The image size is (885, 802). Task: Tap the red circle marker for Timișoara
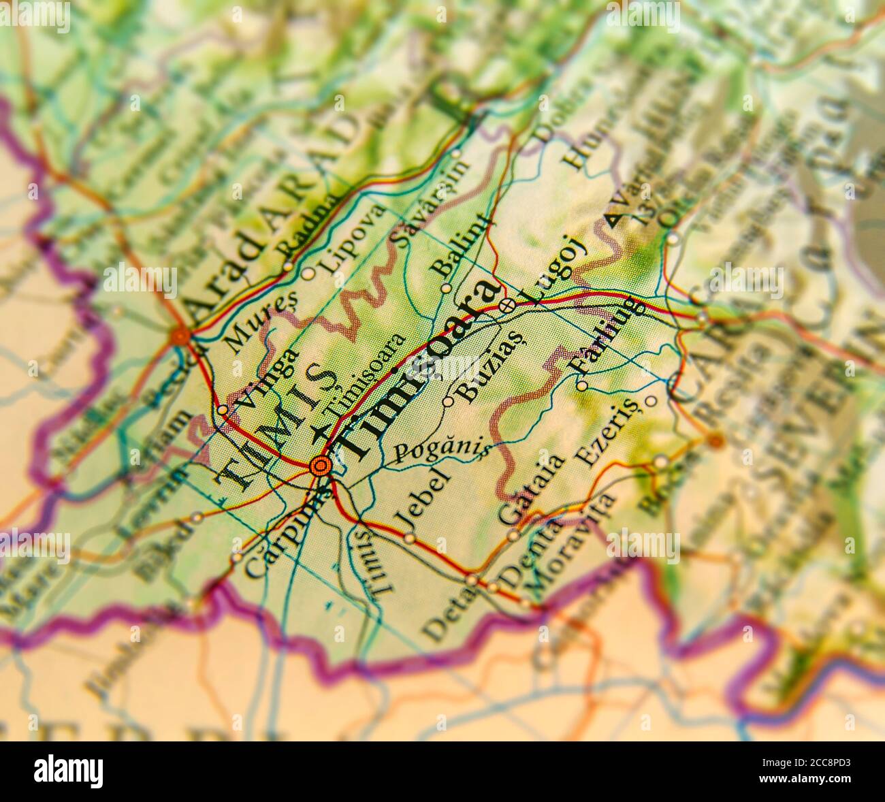[320, 466]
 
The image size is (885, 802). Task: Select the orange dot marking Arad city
[181, 336]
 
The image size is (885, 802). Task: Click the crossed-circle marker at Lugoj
[506, 306]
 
